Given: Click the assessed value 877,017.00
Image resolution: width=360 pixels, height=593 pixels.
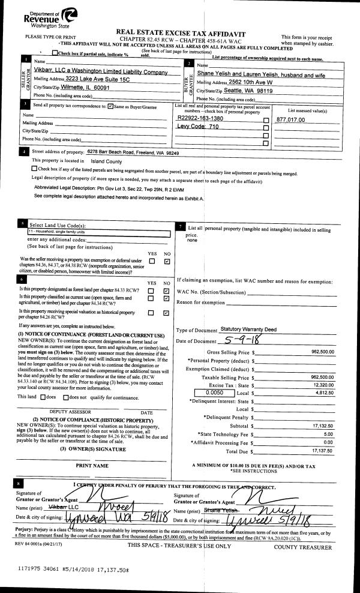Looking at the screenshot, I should coord(290,120).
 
